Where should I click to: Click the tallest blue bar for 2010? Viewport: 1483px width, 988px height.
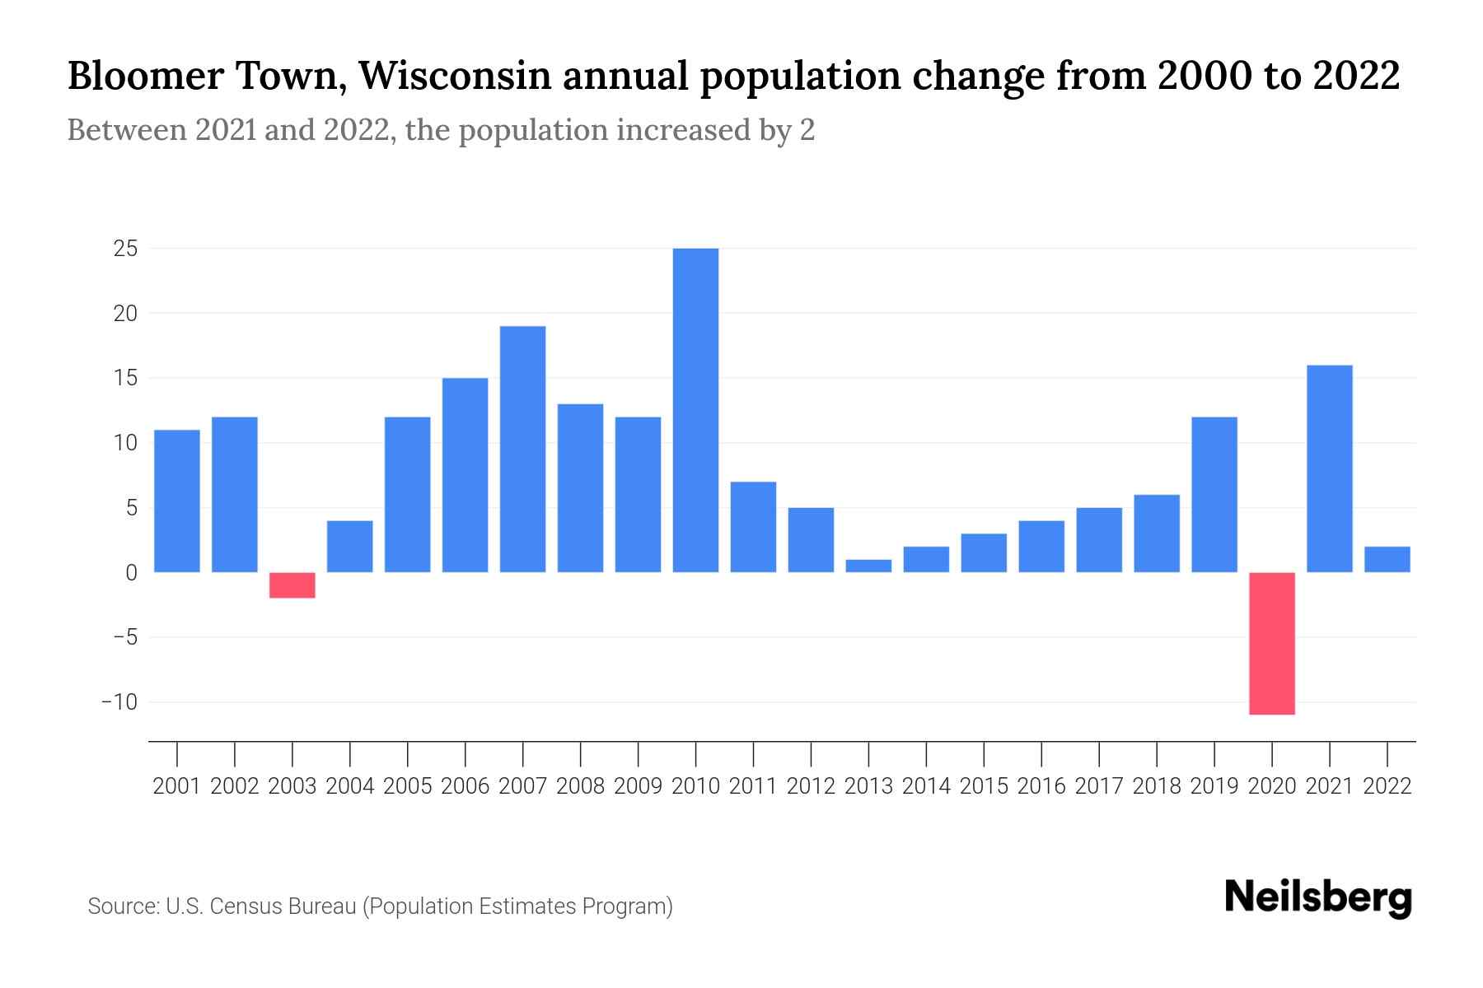[695, 410]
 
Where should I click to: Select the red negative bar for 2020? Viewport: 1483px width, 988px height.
[1272, 643]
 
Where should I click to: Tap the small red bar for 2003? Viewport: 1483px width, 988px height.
[292, 585]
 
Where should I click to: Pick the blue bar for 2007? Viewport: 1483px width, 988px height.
[522, 449]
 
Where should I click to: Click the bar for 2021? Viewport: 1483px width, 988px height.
[1329, 468]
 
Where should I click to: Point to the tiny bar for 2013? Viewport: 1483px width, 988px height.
[868, 566]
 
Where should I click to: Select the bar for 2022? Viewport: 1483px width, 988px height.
[1387, 559]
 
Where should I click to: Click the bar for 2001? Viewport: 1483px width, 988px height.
[177, 501]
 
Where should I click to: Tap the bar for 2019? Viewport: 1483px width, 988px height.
[1214, 494]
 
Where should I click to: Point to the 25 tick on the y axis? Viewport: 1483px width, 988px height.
[125, 249]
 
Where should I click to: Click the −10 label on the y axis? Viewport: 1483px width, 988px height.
[119, 702]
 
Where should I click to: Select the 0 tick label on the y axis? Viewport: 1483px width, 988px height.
[131, 572]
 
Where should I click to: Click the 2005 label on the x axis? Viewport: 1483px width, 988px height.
[408, 786]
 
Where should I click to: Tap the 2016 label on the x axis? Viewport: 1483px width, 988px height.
[1041, 786]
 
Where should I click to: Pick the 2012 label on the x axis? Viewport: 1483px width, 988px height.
[811, 786]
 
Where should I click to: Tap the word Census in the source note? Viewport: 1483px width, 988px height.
[242, 906]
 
